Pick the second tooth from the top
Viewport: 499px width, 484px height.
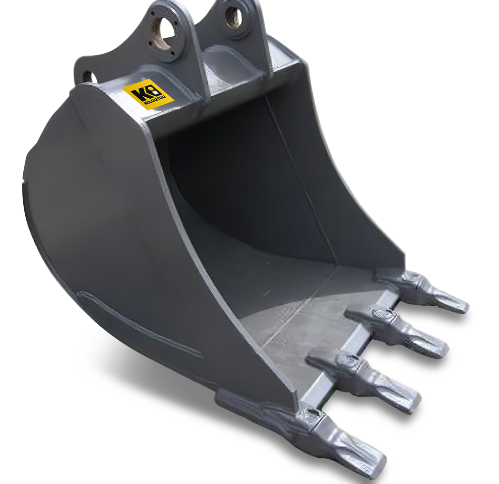pos(398,331)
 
